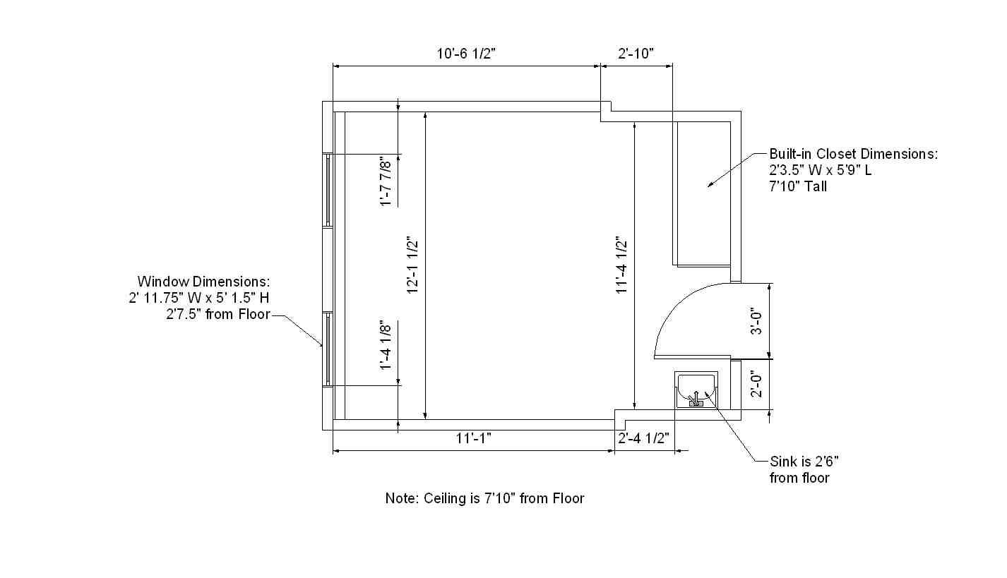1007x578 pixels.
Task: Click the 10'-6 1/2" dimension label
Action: [x=466, y=54]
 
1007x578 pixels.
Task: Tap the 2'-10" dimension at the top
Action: [x=636, y=54]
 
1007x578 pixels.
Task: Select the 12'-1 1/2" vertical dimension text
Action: [x=412, y=265]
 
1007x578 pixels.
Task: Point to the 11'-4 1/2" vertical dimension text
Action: [x=621, y=265]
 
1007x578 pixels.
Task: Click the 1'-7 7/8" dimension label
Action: [x=386, y=181]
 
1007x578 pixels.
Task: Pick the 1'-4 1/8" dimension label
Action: [x=386, y=345]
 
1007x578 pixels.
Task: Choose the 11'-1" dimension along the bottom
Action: [x=474, y=438]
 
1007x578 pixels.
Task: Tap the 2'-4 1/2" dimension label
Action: [x=644, y=438]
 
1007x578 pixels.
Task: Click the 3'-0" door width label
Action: [x=756, y=321]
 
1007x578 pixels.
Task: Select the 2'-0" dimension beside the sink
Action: [x=756, y=384]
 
